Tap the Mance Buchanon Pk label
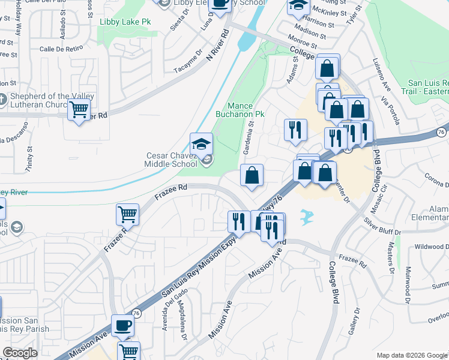240,109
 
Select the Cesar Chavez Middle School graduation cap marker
202,144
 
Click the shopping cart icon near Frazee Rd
127,214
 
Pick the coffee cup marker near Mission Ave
122,325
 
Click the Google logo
20,353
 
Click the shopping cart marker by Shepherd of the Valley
79,110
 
